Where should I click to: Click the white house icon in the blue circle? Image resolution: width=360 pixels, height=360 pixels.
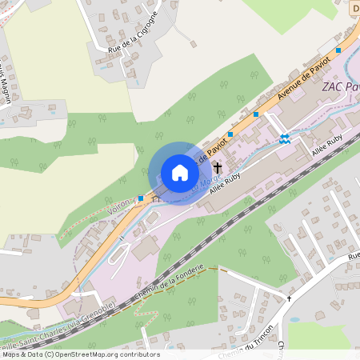(179, 173)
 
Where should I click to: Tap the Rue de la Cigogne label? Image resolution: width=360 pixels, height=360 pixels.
(133, 33)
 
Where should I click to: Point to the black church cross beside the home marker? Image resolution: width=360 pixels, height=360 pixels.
(218, 168)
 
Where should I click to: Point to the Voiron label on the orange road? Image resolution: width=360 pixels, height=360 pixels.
(118, 209)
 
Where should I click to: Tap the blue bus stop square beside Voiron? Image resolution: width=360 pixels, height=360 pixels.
(141, 198)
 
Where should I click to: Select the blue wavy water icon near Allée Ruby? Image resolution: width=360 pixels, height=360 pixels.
(284, 139)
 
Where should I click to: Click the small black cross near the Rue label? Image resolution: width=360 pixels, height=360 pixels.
(290, 298)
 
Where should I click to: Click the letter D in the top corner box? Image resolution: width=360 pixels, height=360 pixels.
(355, 8)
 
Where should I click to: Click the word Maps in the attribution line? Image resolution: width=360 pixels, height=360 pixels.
(11, 354)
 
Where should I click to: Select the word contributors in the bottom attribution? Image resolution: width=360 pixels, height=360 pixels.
(139, 354)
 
